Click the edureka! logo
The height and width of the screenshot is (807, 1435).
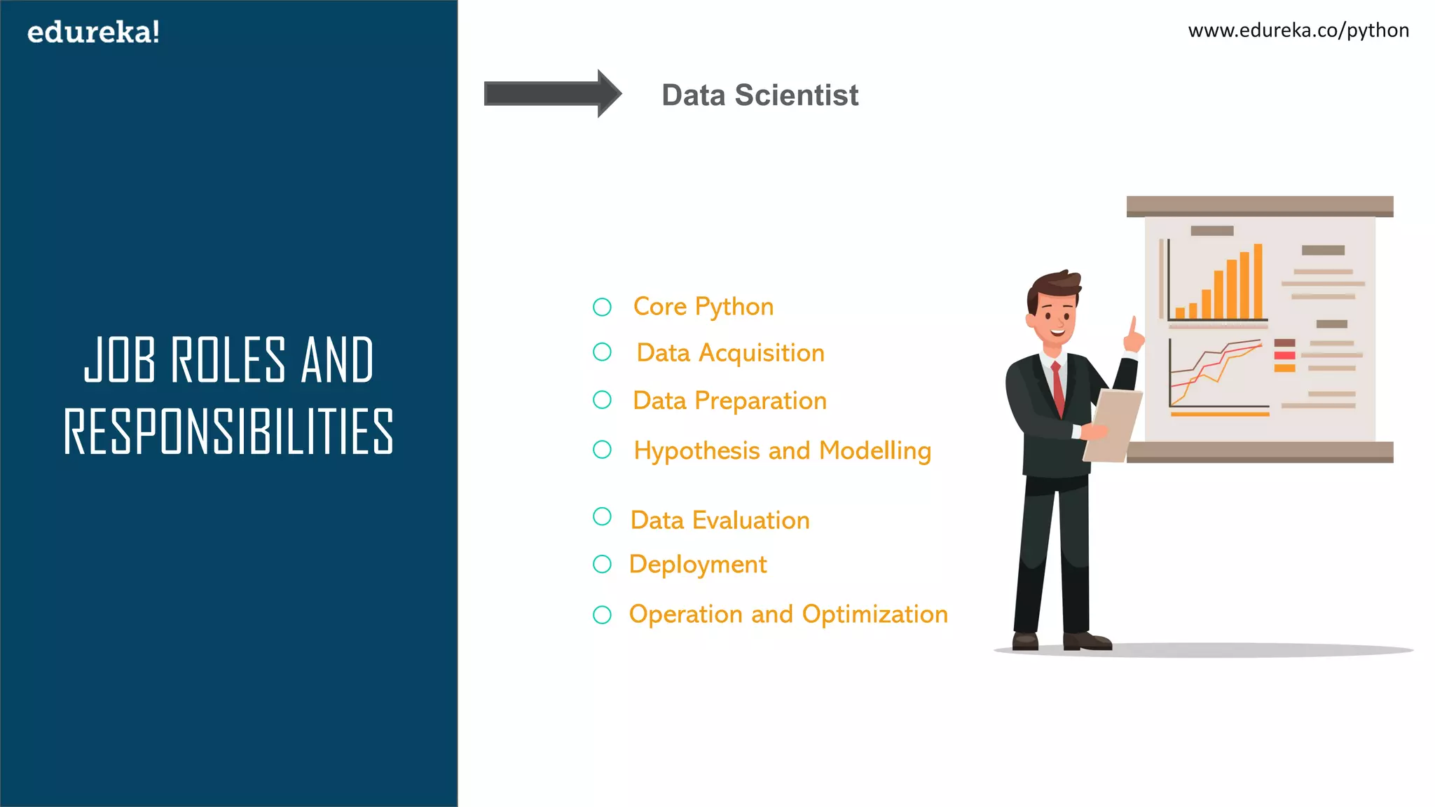[x=93, y=32]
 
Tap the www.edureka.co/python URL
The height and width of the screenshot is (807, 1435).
[x=1298, y=31]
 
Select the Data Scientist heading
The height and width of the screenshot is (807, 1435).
[x=760, y=95]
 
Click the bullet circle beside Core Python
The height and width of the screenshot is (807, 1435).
[x=602, y=307]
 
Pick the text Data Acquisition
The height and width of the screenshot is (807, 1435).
[x=730, y=353]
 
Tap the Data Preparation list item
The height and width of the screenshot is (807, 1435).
[x=729, y=401]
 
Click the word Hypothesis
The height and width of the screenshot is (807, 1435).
[x=696, y=451]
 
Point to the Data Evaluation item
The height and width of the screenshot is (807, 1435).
[x=720, y=520]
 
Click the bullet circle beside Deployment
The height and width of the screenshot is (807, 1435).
[x=602, y=564]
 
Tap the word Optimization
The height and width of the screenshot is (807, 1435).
[x=874, y=614]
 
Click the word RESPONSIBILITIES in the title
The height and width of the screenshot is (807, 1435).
[x=228, y=432]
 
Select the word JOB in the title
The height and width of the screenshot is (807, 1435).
[x=119, y=360]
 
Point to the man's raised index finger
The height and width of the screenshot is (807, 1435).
[x=1132, y=326]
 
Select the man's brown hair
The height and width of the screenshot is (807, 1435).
[x=1055, y=284]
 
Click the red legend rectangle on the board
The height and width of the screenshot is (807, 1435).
[x=1284, y=356]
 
